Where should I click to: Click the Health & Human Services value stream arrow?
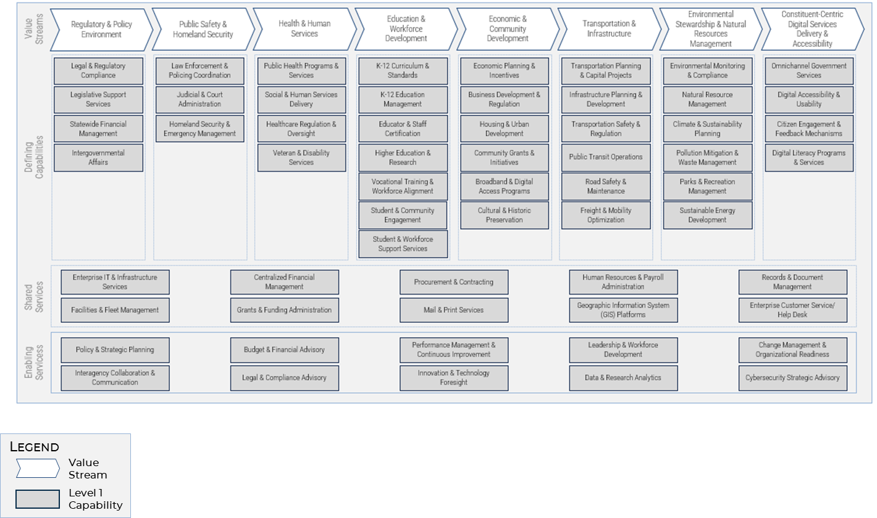click(x=304, y=29)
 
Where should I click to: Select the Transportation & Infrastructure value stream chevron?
click(x=608, y=29)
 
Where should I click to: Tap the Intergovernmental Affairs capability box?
click(x=98, y=157)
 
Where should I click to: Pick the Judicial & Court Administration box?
click(x=200, y=99)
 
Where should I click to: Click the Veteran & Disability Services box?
click(x=301, y=157)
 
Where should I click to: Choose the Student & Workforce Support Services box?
click(x=403, y=244)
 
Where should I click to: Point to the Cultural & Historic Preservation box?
click(x=504, y=215)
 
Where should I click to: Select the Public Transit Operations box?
click(x=606, y=157)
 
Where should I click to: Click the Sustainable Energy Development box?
click(x=707, y=215)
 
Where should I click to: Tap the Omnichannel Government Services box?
click(x=808, y=70)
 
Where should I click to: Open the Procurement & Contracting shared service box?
click(x=454, y=282)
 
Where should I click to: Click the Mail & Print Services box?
click(x=454, y=310)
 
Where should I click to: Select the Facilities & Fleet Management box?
click(x=115, y=310)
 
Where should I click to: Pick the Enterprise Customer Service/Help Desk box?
click(x=792, y=310)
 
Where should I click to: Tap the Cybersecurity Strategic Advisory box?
click(x=792, y=378)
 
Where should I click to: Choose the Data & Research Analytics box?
click(x=623, y=378)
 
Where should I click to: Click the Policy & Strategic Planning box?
click(x=115, y=349)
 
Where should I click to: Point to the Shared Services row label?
click(x=35, y=296)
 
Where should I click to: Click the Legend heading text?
click(x=35, y=447)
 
